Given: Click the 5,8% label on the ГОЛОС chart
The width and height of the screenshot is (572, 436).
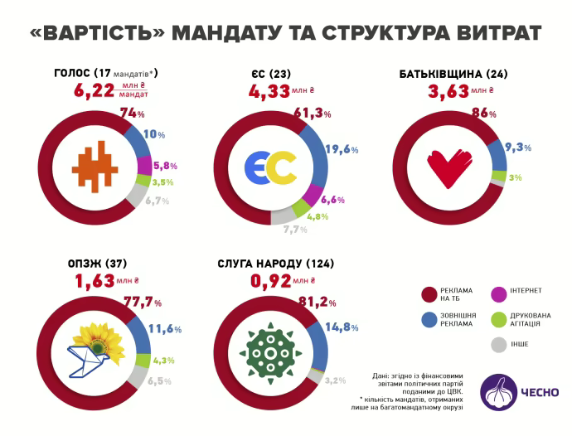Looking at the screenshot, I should (x=162, y=166).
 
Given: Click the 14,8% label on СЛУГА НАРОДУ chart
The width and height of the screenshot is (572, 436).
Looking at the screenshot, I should (x=342, y=327).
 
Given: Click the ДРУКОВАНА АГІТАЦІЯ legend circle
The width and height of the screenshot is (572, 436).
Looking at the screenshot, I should (x=500, y=318).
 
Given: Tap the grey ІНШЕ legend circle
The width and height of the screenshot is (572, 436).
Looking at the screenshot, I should (x=500, y=344).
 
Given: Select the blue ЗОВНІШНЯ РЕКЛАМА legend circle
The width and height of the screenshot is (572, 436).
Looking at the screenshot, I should (x=430, y=318).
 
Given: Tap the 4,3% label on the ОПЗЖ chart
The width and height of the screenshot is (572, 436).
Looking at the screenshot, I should (x=162, y=361).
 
